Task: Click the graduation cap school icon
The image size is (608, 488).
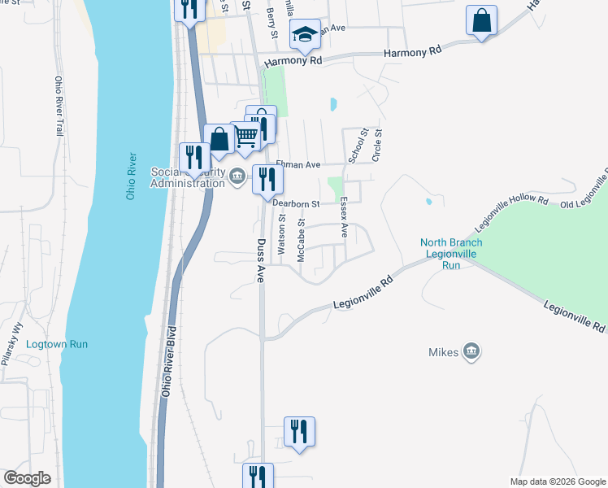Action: pyautogui.click(x=306, y=34)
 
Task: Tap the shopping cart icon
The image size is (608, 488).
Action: pyautogui.click(x=245, y=136)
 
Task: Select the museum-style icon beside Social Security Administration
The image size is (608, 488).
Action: pyautogui.click(x=237, y=176)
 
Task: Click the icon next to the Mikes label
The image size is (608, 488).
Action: pyautogui.click(x=471, y=351)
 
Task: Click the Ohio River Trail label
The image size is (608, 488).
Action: pyautogui.click(x=59, y=106)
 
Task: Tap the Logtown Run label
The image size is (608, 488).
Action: pyautogui.click(x=57, y=344)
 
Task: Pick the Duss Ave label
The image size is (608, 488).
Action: pyautogui.click(x=261, y=260)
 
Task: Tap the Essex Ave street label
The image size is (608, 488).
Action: pyautogui.click(x=344, y=217)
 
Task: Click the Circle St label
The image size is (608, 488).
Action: pyautogui.click(x=376, y=144)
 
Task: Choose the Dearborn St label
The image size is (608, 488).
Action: pyautogui.click(x=297, y=203)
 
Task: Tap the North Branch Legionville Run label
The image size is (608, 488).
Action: pyautogui.click(x=451, y=254)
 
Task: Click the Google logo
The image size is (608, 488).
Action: pyautogui.click(x=27, y=478)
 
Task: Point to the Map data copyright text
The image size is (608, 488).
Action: pyautogui.click(x=557, y=481)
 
